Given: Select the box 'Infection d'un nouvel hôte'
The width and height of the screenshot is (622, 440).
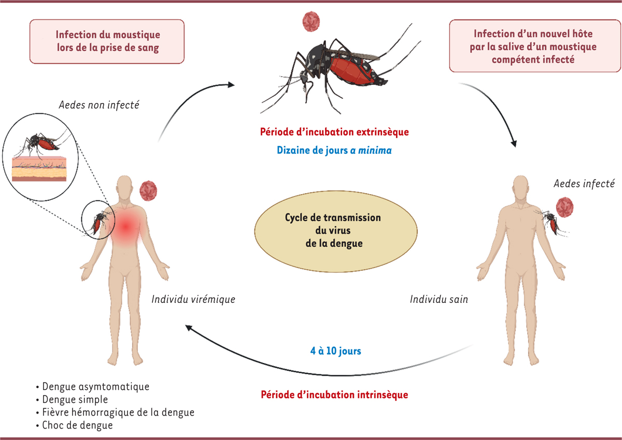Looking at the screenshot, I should [x=535, y=46].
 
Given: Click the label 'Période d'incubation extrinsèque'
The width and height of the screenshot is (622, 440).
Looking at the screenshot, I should [x=334, y=131].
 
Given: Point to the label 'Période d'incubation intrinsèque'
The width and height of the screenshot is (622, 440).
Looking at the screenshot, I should [x=334, y=394].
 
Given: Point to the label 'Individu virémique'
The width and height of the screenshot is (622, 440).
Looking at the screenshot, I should [x=193, y=299].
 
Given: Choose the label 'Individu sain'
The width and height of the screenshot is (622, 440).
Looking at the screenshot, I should [x=439, y=299].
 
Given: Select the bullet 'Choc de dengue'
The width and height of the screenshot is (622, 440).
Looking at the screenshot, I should [x=78, y=426].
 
